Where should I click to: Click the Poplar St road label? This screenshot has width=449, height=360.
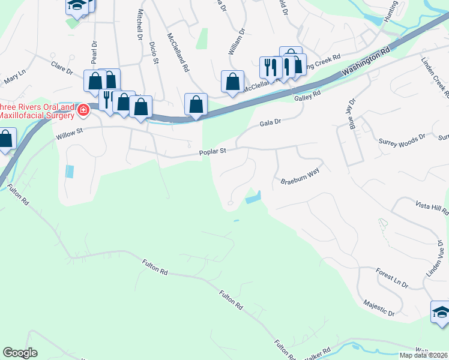[x=212, y=152]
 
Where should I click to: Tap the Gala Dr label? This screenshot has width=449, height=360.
[x=271, y=122]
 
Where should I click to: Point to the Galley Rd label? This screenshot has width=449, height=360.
[x=307, y=94]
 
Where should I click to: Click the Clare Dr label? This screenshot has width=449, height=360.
[x=61, y=67]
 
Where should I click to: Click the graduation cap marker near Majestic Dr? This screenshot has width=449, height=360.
[x=441, y=312]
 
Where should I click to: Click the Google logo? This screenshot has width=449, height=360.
[x=20, y=353]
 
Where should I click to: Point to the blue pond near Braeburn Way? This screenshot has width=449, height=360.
[x=253, y=197]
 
